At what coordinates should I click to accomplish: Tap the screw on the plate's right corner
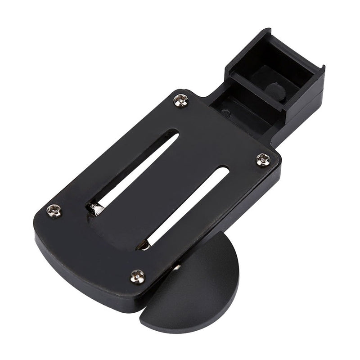(x=263, y=158)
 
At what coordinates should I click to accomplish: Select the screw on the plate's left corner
(x=54, y=210)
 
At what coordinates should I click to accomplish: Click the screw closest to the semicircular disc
(x=138, y=276)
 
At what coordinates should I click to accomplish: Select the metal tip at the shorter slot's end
(x=145, y=246)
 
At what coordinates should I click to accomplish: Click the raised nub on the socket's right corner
(x=321, y=68)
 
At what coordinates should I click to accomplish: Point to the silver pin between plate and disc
(x=178, y=268)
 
